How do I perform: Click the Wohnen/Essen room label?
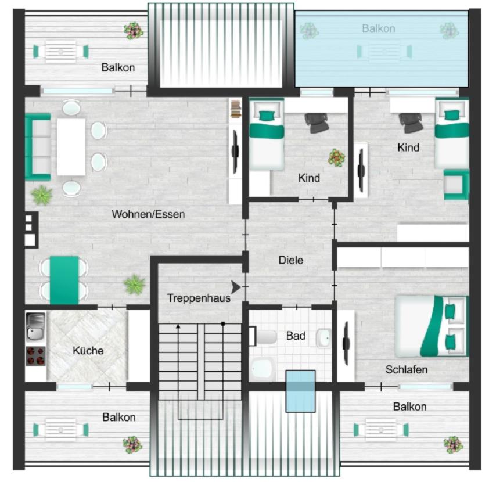coord(148,214)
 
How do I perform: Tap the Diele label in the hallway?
coord(291,260)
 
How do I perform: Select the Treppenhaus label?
coord(199,298)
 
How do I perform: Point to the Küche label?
coord(88,351)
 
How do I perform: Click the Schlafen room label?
coord(407,369)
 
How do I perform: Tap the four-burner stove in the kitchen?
coord(35,355)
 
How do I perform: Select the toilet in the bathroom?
coord(264,337)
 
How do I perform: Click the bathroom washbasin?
coord(323,337)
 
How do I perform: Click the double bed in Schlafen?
coord(431,326)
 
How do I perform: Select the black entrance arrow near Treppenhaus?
coord(236,287)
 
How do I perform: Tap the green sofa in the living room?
coord(37,146)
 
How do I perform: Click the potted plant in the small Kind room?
coord(336,157)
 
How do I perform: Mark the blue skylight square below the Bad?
coord(300,391)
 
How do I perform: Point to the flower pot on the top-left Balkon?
coord(133,30)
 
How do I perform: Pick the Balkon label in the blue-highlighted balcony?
coord(378,28)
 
